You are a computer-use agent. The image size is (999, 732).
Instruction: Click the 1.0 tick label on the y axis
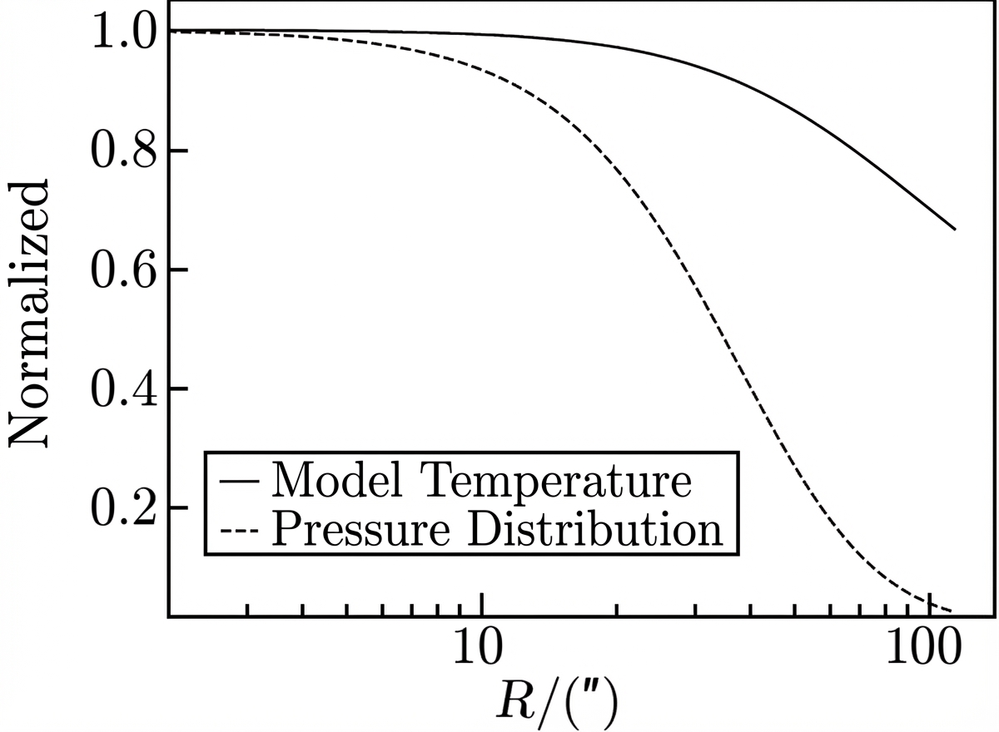pyautogui.click(x=124, y=31)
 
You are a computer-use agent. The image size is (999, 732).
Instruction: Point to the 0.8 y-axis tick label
pyautogui.click(x=124, y=151)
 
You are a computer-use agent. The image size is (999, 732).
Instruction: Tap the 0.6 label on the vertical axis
pyautogui.click(x=124, y=270)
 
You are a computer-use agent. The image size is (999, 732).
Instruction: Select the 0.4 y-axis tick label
pyautogui.click(x=124, y=389)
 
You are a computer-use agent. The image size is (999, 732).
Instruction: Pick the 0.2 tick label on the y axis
pyautogui.click(x=124, y=508)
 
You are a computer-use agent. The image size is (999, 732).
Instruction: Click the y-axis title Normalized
pyautogui.click(x=28, y=314)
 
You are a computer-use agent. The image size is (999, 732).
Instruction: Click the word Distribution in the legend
pyautogui.click(x=595, y=528)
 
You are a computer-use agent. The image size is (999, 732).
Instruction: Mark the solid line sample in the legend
pyautogui.click(x=240, y=482)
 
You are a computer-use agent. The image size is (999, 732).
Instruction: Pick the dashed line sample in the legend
pyautogui.click(x=240, y=531)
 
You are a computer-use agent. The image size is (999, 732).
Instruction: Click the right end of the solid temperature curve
pyautogui.click(x=955, y=230)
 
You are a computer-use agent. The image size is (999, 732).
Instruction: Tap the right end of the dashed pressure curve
pyautogui.click(x=952, y=611)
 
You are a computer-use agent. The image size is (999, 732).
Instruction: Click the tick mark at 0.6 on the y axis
pyautogui.click(x=178, y=270)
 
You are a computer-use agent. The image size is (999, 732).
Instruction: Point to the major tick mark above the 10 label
pyautogui.click(x=482, y=605)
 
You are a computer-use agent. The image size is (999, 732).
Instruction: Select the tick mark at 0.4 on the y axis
pyautogui.click(x=178, y=389)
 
